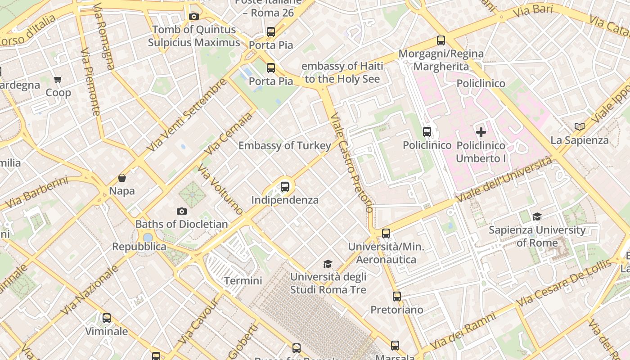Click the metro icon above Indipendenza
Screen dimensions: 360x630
284,187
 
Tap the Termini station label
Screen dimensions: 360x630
243,281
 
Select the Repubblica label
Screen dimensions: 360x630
139,247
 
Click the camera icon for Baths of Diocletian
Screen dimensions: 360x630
182,211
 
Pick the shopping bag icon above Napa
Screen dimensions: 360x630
122,178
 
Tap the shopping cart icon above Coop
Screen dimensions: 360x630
58,80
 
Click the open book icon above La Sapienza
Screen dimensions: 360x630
580,127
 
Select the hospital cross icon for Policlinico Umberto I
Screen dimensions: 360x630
481,132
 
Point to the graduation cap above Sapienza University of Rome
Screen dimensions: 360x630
537,217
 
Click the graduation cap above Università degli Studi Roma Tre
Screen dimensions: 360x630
328,264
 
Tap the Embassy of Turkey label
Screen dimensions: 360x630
284,145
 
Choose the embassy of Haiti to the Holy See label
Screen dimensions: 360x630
342,72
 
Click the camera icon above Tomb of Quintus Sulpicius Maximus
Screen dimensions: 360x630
194,17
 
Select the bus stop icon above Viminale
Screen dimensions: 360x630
107,318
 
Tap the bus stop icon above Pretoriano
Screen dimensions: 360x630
396,297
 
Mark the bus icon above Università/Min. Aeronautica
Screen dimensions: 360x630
386,234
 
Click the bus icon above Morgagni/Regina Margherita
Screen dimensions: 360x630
441,40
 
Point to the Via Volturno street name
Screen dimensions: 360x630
220,189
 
